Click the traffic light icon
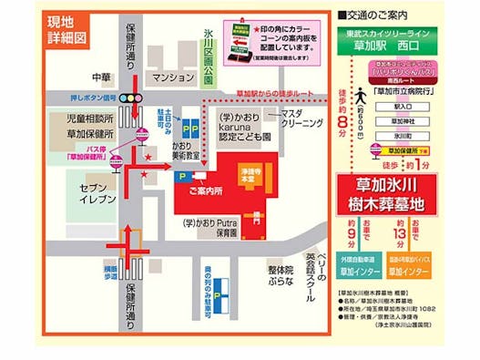point(133,98)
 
